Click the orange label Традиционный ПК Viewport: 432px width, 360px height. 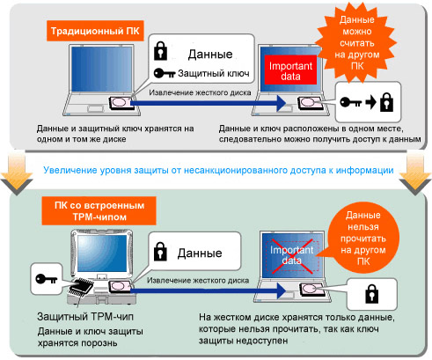[95, 31]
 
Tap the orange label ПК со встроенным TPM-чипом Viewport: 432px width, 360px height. [99, 211]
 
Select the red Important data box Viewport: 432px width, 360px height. [290, 70]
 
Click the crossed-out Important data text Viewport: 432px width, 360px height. [292, 255]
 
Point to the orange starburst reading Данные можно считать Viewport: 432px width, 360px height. [357, 43]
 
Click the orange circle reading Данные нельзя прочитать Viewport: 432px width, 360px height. [363, 239]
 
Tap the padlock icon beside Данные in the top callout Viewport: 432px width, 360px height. [160, 51]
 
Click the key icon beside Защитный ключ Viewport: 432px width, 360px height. [165, 73]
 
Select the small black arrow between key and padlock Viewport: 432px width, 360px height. [370, 102]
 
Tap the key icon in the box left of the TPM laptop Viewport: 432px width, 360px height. [46, 279]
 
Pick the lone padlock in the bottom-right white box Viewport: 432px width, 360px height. [371, 294]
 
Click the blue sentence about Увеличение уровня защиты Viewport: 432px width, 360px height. [218, 170]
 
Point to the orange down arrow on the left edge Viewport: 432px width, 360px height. [17, 174]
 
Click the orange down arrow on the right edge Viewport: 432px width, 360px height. [415, 174]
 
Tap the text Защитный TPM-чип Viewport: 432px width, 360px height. [85, 317]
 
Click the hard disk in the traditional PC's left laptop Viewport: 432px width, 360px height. [121, 103]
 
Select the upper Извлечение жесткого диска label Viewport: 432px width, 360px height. [200, 92]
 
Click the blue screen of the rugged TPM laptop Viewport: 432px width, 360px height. [102, 253]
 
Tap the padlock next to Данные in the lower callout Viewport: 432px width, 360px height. [160, 251]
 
